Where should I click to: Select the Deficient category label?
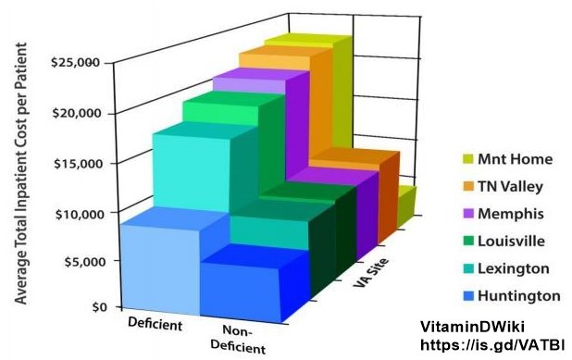[x=155, y=325]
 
